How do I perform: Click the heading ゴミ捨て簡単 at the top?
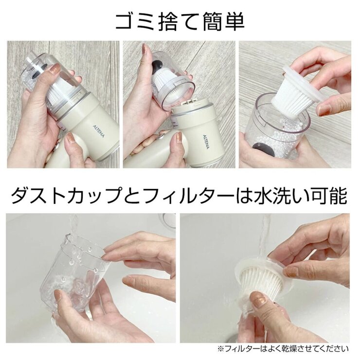coord(180,20)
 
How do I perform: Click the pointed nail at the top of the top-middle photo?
coord(144,50)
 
